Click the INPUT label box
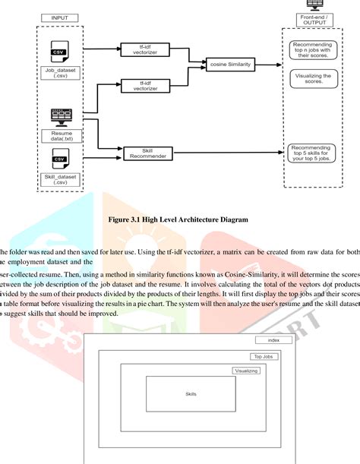point(59,17)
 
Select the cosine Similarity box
point(229,66)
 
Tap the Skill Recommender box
point(142,153)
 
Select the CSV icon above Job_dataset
point(58,53)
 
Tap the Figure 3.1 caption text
point(179,219)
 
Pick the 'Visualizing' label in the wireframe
point(246,371)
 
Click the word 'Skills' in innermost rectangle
point(191,394)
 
